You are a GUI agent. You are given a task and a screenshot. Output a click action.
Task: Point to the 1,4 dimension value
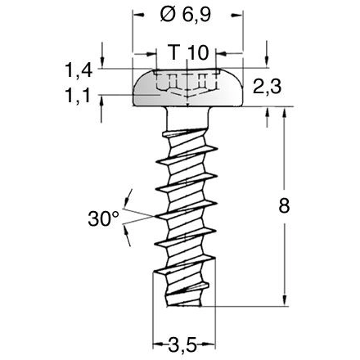point(79,71)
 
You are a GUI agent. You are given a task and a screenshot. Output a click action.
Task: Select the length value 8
point(284,206)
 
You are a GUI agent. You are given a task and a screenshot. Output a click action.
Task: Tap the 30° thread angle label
point(104,218)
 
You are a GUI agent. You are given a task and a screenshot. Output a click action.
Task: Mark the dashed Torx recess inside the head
point(187,84)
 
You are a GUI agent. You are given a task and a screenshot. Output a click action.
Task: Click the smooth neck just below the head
point(187,119)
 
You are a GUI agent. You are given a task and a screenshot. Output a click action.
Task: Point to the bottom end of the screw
point(187,304)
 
